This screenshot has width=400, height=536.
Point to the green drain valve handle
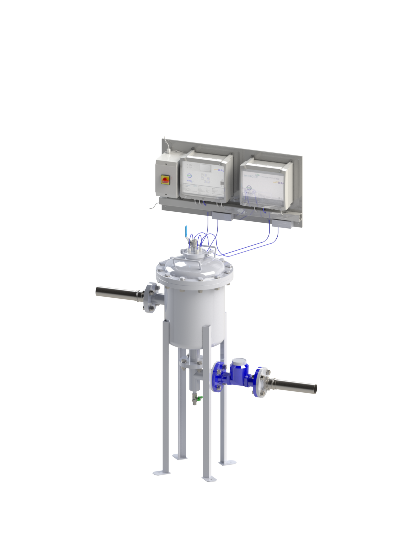tap(198, 399)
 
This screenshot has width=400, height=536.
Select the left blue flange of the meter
tap(217, 376)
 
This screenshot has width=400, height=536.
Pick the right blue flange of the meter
tap(260, 382)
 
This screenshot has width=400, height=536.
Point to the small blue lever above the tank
tap(185, 232)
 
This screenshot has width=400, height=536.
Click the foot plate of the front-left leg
tap(161, 471)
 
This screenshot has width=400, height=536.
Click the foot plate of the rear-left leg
tap(180, 456)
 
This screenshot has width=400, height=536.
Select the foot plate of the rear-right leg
tap(225, 460)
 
